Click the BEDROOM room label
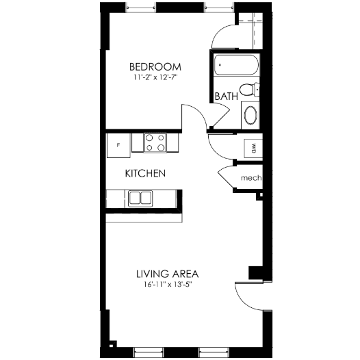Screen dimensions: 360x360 [155, 66]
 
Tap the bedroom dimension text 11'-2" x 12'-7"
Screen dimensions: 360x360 [155, 78]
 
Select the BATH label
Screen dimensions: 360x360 [226, 97]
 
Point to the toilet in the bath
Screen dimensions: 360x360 [255, 88]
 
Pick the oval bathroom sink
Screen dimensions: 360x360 [251, 114]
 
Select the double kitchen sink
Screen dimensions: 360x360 [140, 198]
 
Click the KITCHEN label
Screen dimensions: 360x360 [145, 174]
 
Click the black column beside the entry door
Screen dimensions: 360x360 [255, 272]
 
